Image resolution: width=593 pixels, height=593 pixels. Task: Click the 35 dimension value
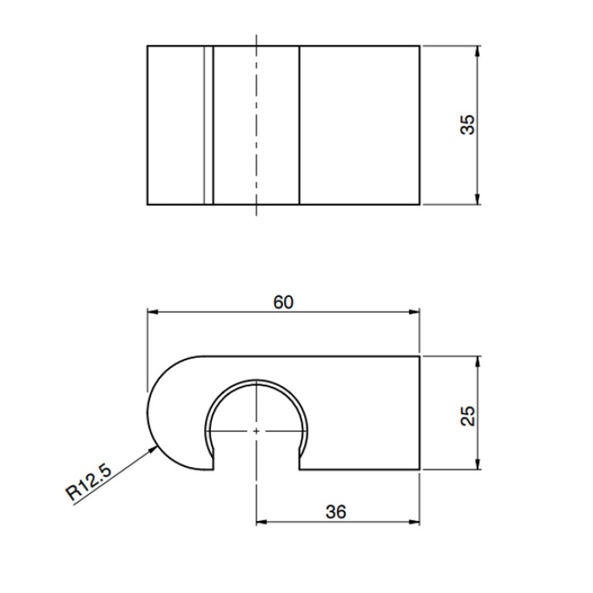(x=468, y=124)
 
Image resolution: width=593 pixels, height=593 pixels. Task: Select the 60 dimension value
(x=283, y=302)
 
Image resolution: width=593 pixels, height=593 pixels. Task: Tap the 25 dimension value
(x=468, y=416)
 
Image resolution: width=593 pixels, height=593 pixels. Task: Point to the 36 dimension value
(x=336, y=512)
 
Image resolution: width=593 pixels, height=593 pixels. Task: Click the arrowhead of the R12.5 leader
(x=154, y=449)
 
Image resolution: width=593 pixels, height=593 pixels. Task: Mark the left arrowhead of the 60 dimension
(x=152, y=312)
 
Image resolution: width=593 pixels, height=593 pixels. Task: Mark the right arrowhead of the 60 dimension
(x=415, y=312)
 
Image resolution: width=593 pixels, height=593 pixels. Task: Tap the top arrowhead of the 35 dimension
(x=477, y=51)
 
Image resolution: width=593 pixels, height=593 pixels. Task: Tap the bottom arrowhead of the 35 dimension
(x=477, y=199)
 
